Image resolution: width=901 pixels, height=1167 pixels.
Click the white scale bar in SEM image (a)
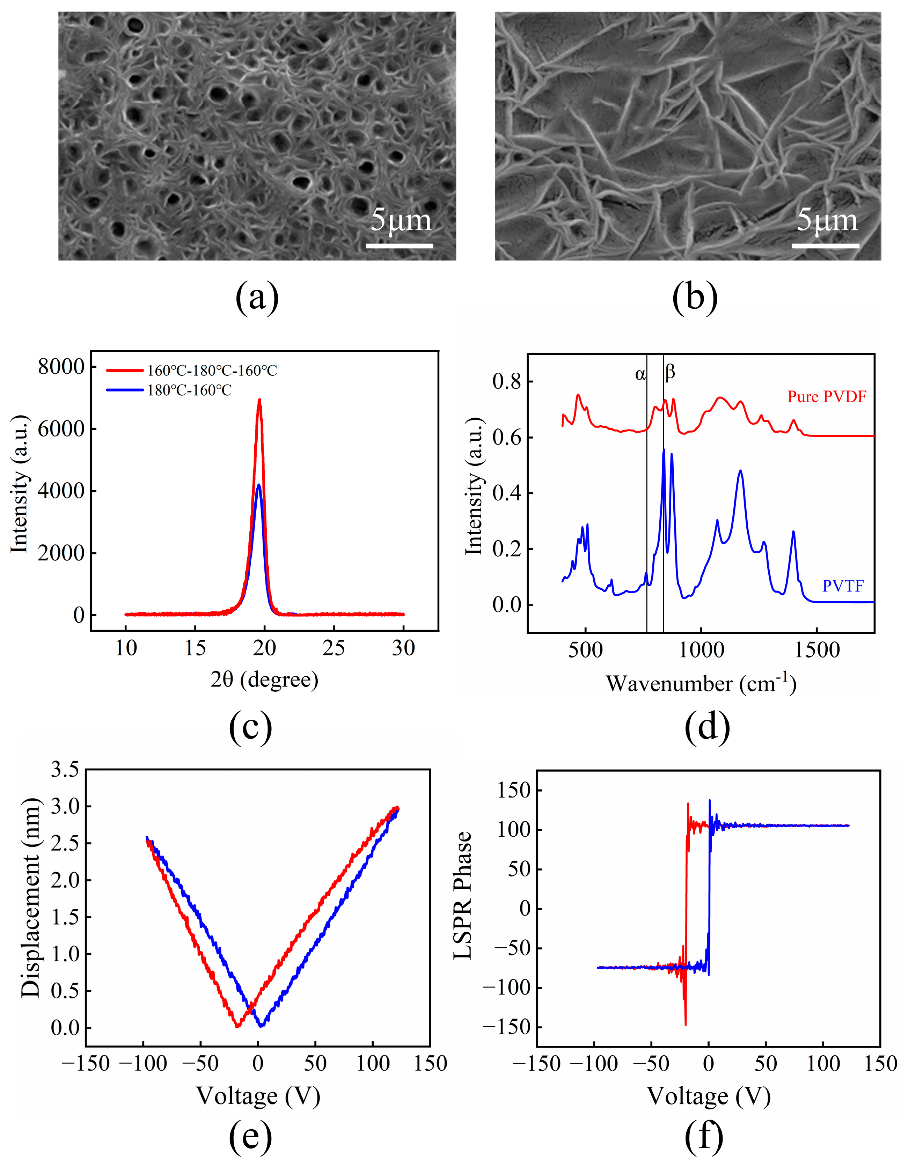pyautogui.click(x=399, y=246)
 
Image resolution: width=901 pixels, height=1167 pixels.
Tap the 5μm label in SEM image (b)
pyautogui.click(x=826, y=220)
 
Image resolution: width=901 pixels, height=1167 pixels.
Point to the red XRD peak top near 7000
pyautogui.click(x=260, y=400)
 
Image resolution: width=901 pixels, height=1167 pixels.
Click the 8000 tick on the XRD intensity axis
pyautogui.click(x=60, y=367)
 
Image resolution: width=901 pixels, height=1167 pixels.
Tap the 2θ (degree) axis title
pyautogui.click(x=264, y=679)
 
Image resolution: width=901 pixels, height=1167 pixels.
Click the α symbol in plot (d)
pyautogui.click(x=640, y=374)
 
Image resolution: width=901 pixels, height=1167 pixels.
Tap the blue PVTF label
pyautogui.click(x=843, y=586)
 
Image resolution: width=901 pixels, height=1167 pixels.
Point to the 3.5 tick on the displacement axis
pyautogui.click(x=64, y=770)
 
